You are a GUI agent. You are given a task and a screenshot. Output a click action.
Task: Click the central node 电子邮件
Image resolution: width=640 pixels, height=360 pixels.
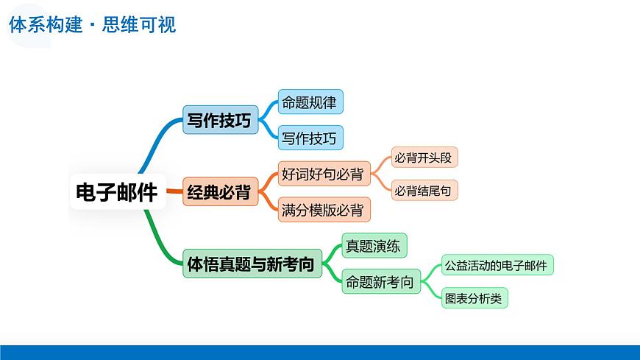click(x=117, y=192)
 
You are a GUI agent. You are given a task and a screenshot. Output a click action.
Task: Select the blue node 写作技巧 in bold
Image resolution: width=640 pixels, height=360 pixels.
click(x=220, y=121)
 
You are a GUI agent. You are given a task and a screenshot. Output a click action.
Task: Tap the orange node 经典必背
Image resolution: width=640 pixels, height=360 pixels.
click(x=219, y=192)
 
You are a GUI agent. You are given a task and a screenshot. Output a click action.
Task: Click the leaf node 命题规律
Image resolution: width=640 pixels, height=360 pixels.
click(x=310, y=102)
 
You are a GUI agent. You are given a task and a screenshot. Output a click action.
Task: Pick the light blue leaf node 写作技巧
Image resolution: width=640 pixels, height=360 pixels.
click(x=310, y=138)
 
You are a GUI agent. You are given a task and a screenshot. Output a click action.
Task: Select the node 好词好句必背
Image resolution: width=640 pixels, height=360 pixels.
click(x=323, y=174)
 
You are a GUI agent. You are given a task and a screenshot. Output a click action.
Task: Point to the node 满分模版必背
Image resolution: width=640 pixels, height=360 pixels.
click(x=323, y=210)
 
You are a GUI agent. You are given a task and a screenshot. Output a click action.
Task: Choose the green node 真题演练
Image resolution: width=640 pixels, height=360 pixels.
click(x=374, y=247)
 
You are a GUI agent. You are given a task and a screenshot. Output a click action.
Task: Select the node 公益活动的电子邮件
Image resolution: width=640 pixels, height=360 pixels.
click(x=497, y=266)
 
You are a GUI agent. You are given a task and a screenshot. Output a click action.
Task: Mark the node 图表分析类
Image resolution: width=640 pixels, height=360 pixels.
click(x=474, y=299)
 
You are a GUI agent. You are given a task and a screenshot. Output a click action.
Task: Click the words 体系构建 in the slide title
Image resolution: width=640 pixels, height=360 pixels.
click(x=44, y=24)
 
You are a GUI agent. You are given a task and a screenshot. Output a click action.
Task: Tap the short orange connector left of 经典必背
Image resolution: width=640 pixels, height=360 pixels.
click(x=174, y=192)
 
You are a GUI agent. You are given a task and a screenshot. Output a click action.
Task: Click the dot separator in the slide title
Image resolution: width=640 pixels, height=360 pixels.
click(x=93, y=25)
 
